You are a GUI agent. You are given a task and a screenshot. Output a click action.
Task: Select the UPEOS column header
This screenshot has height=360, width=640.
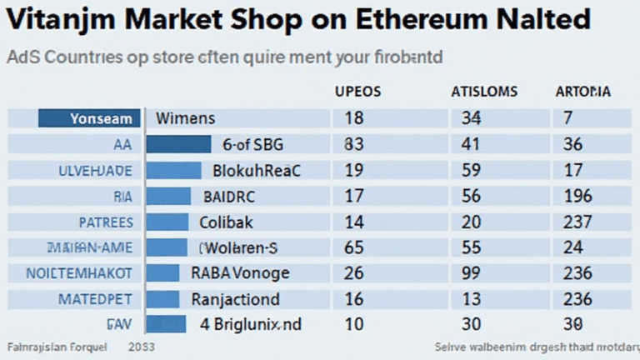tap(358, 91)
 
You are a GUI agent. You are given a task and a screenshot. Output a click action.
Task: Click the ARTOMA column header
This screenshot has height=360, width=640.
tap(582, 91)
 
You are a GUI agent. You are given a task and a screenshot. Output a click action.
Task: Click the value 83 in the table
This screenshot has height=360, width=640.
tap(353, 144)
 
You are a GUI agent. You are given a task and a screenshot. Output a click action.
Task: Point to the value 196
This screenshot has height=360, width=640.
tap(577, 197)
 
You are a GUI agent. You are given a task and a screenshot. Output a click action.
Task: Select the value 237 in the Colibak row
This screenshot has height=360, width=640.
tap(577, 222)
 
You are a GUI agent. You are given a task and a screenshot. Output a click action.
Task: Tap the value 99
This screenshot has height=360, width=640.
tap(472, 272)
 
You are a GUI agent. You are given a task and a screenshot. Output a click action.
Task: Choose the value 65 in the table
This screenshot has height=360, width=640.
tap(353, 247)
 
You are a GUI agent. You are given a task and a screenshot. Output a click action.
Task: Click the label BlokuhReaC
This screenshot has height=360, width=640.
tap(257, 171)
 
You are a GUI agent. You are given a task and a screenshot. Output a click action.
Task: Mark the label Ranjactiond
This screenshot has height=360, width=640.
tap(247, 298)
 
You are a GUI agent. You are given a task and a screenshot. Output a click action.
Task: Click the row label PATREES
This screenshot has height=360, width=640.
tap(105, 222)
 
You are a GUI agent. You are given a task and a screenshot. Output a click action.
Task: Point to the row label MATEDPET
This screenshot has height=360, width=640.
tap(94, 298)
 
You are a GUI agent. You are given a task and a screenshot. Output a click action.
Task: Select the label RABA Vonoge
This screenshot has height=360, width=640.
tap(240, 272)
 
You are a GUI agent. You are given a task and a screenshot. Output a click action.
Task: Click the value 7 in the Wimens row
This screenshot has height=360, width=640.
tap(567, 119)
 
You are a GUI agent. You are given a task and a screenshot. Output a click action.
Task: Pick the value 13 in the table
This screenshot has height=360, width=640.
tap(471, 298)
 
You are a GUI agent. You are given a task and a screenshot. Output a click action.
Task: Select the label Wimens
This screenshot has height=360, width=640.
tap(185, 119)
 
